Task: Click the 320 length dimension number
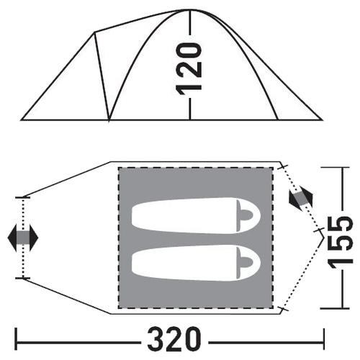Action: pos(174,339)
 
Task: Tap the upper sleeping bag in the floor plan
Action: pos(196,215)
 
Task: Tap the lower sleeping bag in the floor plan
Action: pos(196,263)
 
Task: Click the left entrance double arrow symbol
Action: pos(23,238)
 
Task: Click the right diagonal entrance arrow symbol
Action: pos(301,199)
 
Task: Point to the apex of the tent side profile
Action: pos(190,10)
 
